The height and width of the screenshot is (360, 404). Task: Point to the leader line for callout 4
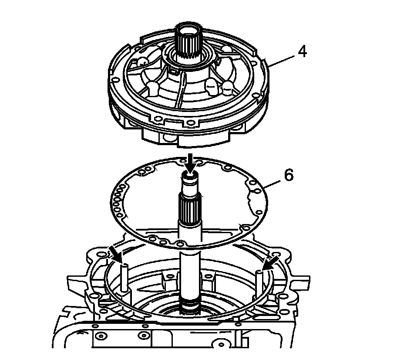[x=283, y=60]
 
